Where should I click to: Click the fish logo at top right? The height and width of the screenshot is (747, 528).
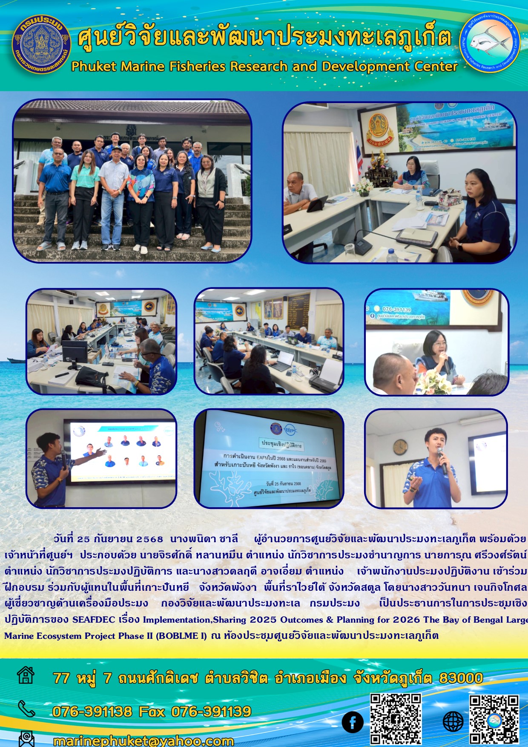point(489,43)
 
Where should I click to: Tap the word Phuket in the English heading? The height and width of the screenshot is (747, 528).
point(94,66)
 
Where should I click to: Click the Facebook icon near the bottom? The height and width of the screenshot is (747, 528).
point(353,722)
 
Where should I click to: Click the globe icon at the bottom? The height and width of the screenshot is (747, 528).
point(453,722)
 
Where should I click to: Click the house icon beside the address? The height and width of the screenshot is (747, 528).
point(26,675)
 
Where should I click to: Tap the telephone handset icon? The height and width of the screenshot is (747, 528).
point(26,709)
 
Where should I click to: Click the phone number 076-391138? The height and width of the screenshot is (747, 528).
point(92,711)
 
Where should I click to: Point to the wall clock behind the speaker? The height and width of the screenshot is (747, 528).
point(400,447)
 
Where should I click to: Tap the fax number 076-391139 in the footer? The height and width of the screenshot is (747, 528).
point(211,711)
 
